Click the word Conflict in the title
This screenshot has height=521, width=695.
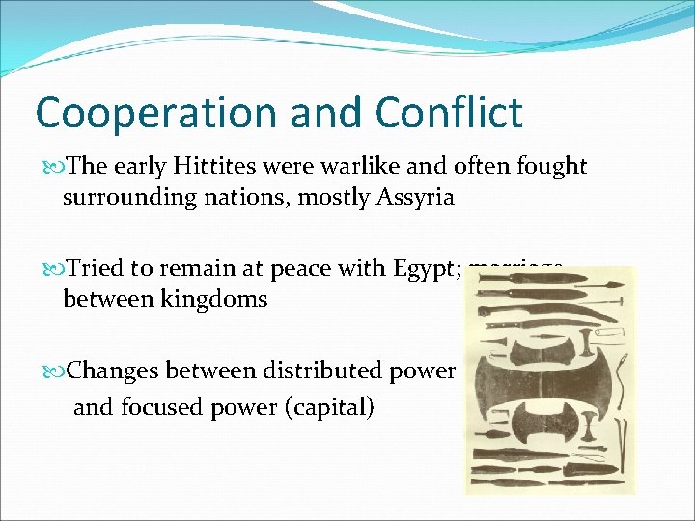tap(449, 113)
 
